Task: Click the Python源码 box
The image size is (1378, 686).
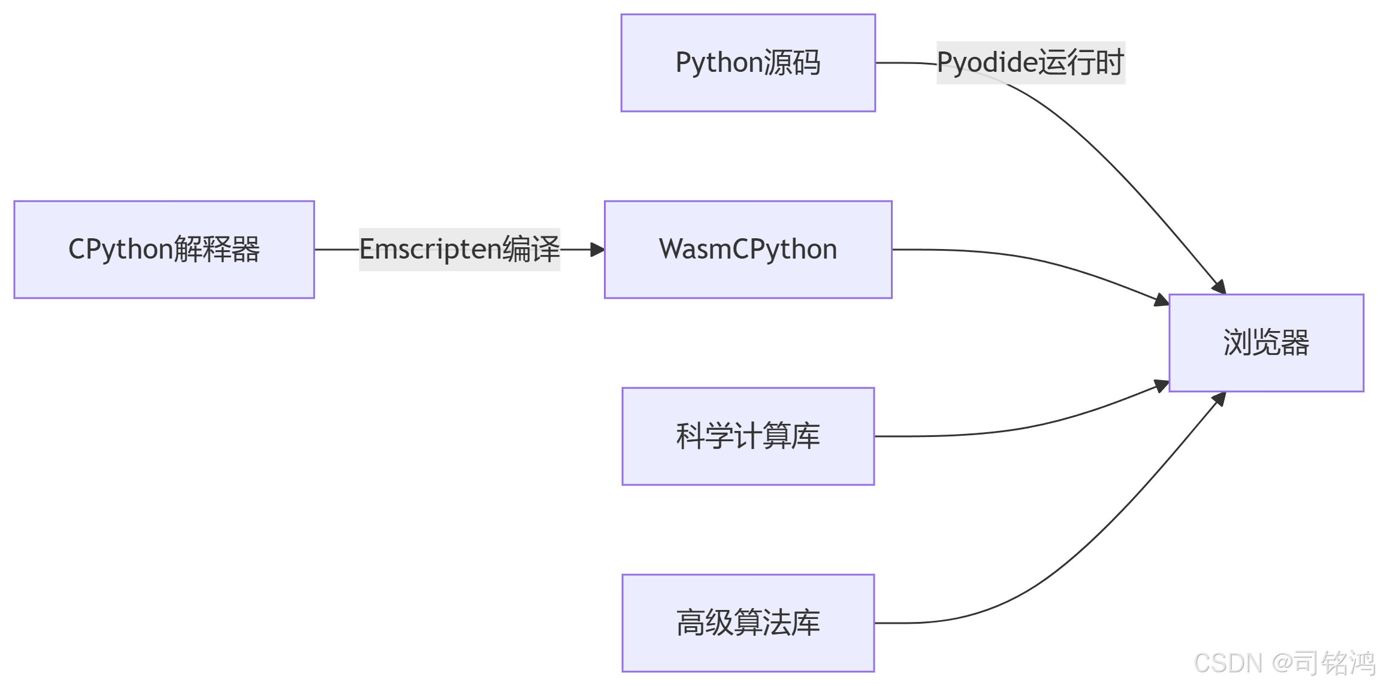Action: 748,63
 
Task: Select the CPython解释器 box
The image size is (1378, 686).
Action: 164,249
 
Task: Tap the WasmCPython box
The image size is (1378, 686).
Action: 748,249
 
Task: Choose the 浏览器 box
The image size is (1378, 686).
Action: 1265,342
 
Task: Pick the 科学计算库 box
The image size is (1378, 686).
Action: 748,436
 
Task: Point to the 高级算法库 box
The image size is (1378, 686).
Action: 748,623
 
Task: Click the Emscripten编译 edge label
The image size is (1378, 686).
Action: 459,249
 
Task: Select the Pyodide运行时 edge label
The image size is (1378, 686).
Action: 1030,63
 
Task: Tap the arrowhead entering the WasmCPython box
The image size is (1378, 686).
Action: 597,249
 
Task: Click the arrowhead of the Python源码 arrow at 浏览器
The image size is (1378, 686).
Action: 1219,287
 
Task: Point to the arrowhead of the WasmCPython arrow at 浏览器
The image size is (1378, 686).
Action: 1162,300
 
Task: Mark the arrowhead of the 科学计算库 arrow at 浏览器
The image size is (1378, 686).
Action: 1162,386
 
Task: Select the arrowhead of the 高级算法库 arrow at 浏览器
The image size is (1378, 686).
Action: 1219,399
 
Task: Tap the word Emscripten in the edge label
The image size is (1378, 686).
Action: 430,249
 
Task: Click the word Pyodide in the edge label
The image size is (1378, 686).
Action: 986,63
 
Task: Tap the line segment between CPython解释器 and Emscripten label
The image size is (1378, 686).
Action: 336,249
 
